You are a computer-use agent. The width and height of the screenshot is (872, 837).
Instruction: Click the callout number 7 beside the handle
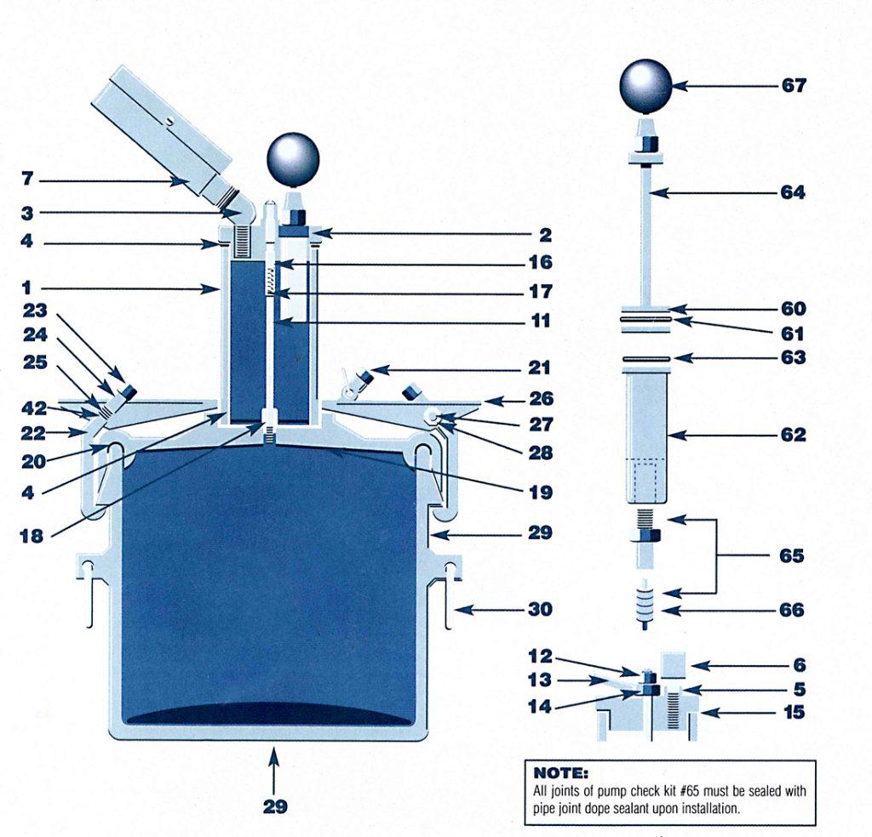[x=27, y=180]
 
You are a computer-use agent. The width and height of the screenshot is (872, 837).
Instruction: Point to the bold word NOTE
[x=559, y=773]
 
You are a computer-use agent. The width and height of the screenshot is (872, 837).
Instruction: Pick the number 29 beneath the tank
[x=274, y=806]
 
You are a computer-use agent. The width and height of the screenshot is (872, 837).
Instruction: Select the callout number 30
[x=538, y=609]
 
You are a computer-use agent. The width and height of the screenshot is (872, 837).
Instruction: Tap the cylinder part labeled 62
[x=650, y=438]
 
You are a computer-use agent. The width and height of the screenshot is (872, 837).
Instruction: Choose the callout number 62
[x=793, y=435]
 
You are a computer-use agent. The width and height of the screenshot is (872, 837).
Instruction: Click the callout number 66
[x=793, y=610]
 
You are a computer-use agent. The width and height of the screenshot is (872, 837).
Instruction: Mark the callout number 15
[x=793, y=712]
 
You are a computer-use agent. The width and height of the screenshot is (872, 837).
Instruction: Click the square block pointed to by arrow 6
[x=673, y=664]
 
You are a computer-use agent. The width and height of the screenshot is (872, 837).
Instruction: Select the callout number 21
[x=538, y=368]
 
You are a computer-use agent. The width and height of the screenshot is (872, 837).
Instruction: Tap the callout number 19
[x=538, y=492]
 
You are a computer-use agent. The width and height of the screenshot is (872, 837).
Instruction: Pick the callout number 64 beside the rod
[x=793, y=192]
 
